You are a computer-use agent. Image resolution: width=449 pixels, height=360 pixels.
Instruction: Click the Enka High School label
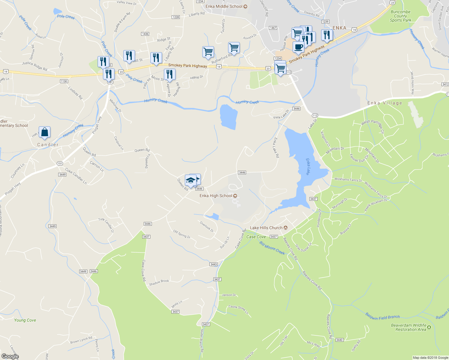tap(216, 196)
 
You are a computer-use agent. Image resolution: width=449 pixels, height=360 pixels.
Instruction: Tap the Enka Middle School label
tap(224, 6)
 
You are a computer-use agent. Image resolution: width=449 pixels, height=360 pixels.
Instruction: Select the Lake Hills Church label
tap(266, 228)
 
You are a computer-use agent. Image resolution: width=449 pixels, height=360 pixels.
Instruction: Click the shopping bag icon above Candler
tap(44, 132)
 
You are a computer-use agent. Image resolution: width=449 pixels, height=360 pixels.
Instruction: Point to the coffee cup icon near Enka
tap(298, 47)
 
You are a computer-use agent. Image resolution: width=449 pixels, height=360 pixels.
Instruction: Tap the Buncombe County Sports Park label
tap(400, 16)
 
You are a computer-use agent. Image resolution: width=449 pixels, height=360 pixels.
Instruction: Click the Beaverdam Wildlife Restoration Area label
tap(408, 327)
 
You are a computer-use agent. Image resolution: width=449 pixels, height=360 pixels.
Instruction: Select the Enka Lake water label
tap(308, 166)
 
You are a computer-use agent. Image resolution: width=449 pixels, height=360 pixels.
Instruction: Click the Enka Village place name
tap(384, 103)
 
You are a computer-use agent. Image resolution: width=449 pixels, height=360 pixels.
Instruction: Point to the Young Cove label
tap(25, 320)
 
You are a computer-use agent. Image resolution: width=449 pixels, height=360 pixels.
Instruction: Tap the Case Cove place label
tap(256, 237)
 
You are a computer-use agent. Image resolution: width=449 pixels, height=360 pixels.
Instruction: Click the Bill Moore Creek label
tap(272, 248)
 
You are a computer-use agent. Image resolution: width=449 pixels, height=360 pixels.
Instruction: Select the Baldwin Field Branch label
tap(382, 316)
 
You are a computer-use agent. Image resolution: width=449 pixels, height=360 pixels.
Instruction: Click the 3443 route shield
tap(213, 264)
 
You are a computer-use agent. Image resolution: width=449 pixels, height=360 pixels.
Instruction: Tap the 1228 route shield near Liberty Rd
tap(176, 17)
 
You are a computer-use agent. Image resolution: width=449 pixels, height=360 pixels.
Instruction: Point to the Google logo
tap(10, 356)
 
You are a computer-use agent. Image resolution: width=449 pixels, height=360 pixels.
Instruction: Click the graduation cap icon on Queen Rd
tap(190, 180)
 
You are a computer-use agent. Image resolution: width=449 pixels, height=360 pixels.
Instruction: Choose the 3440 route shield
tap(339, 340)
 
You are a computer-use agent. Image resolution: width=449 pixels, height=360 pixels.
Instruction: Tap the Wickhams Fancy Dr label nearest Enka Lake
tap(348, 180)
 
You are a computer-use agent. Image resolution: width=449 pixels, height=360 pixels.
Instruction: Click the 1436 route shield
tap(145, 34)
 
